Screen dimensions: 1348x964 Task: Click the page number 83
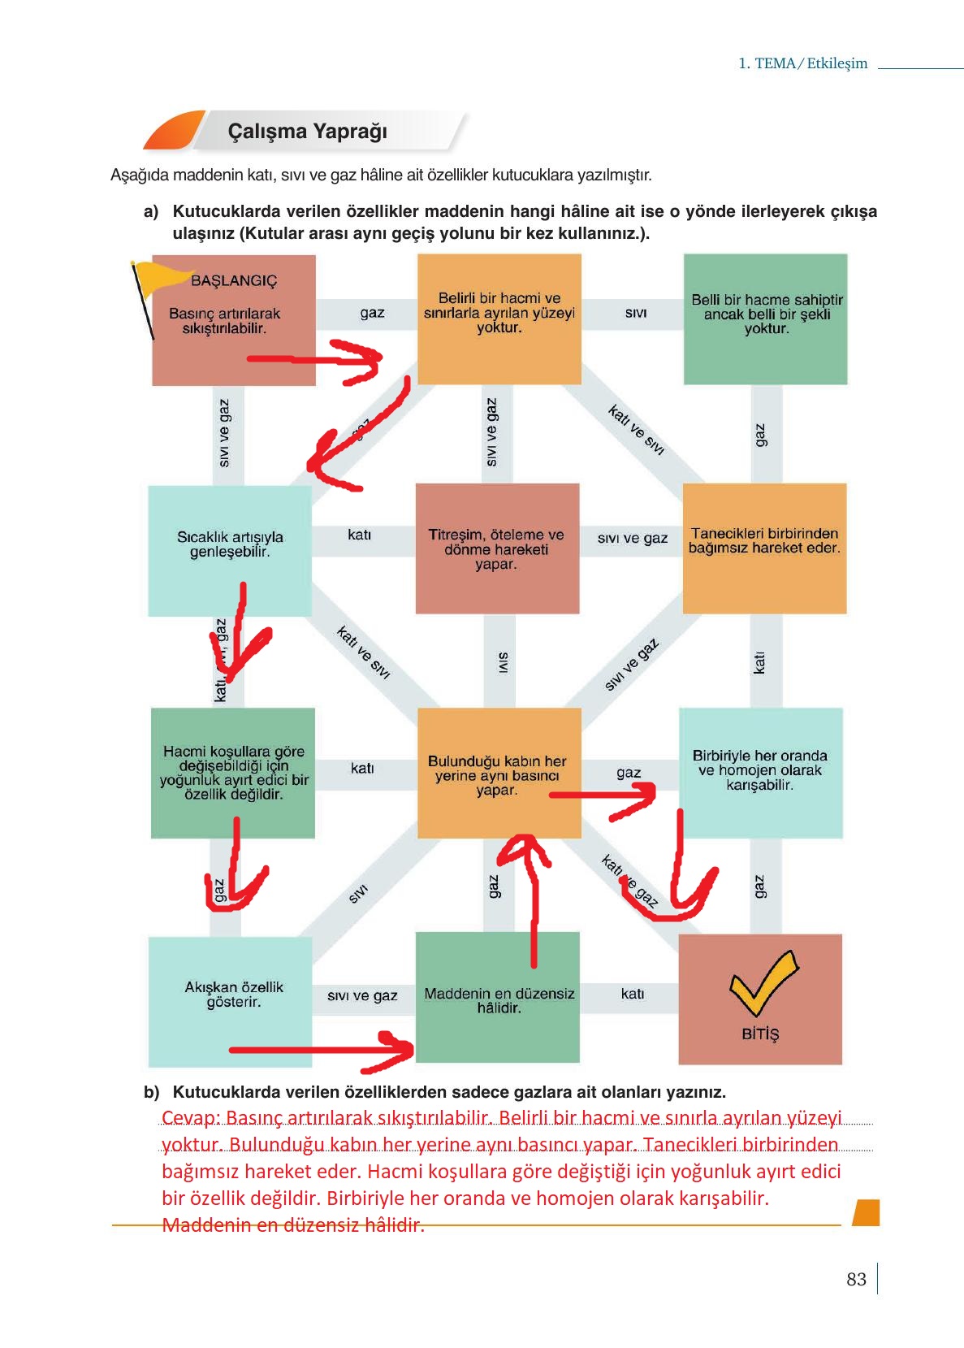(x=856, y=1279)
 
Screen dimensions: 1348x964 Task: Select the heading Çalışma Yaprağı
(x=307, y=132)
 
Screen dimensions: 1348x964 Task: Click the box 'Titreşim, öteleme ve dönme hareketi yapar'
(x=497, y=548)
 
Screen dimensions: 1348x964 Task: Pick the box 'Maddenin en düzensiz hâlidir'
(x=498, y=999)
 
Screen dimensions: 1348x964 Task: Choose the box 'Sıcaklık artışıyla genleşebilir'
(x=230, y=550)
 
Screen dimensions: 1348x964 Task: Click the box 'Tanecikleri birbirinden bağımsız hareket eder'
(x=764, y=548)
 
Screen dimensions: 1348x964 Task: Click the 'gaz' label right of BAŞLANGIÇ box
(x=372, y=313)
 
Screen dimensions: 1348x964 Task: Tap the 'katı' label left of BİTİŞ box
(x=632, y=994)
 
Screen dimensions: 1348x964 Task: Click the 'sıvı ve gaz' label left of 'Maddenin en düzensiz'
(x=362, y=995)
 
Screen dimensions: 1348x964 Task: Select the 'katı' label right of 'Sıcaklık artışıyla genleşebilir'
(x=359, y=535)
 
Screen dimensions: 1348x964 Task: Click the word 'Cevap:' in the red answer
(x=191, y=1118)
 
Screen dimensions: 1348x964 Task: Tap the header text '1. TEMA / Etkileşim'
(x=802, y=63)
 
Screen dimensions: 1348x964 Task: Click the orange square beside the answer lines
(x=867, y=1212)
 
